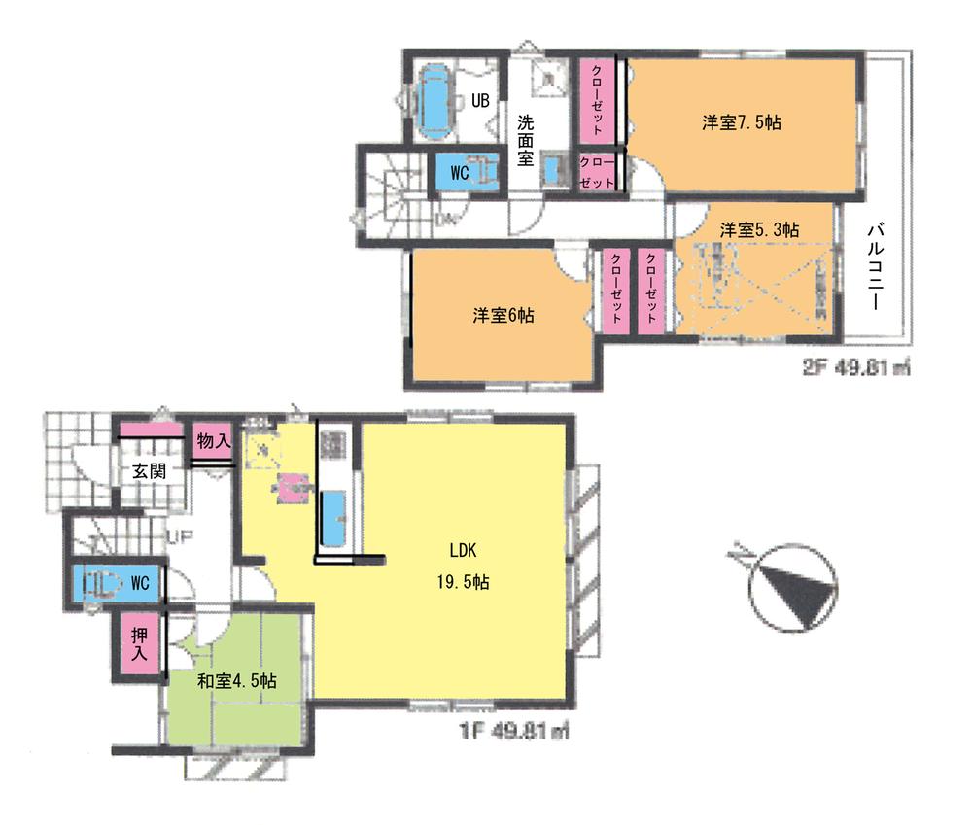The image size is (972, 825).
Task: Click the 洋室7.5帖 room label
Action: pyautogui.click(x=743, y=122)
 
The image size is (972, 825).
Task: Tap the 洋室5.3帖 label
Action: pyautogui.click(x=759, y=230)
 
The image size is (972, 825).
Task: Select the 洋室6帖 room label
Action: pyautogui.click(x=503, y=316)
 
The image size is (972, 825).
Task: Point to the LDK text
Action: pyautogui.click(x=462, y=550)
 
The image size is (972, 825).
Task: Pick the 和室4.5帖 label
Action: pyautogui.click(x=237, y=681)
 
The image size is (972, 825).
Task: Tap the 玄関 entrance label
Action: pyautogui.click(x=150, y=472)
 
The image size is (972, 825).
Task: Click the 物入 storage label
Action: pyautogui.click(x=213, y=441)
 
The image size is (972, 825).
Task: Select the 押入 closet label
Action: pyautogui.click(x=139, y=645)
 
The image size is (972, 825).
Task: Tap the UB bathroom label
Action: pyautogui.click(x=480, y=99)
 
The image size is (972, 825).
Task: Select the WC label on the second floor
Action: pyautogui.click(x=460, y=173)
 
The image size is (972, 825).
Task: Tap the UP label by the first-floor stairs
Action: pyautogui.click(x=180, y=535)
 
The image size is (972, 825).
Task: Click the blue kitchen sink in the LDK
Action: pyautogui.click(x=332, y=517)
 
